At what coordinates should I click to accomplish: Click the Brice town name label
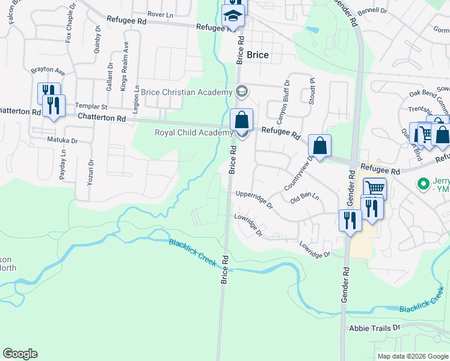[257, 55]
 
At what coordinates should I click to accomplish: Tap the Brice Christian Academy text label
[186, 92]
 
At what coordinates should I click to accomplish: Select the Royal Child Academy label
[193, 132]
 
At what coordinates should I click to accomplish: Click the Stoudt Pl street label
[312, 91]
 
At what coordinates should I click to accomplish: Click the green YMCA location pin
[423, 183]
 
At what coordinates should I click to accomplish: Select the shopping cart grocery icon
[374, 188]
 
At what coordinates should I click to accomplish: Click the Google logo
[20, 354]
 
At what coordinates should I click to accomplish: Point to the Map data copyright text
[411, 356]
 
